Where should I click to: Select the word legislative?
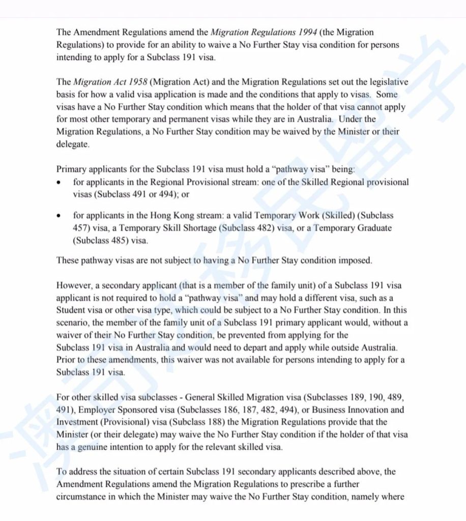[x=389, y=81]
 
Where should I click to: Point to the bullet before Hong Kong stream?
[x=61, y=216]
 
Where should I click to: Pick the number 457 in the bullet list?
[x=80, y=228]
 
